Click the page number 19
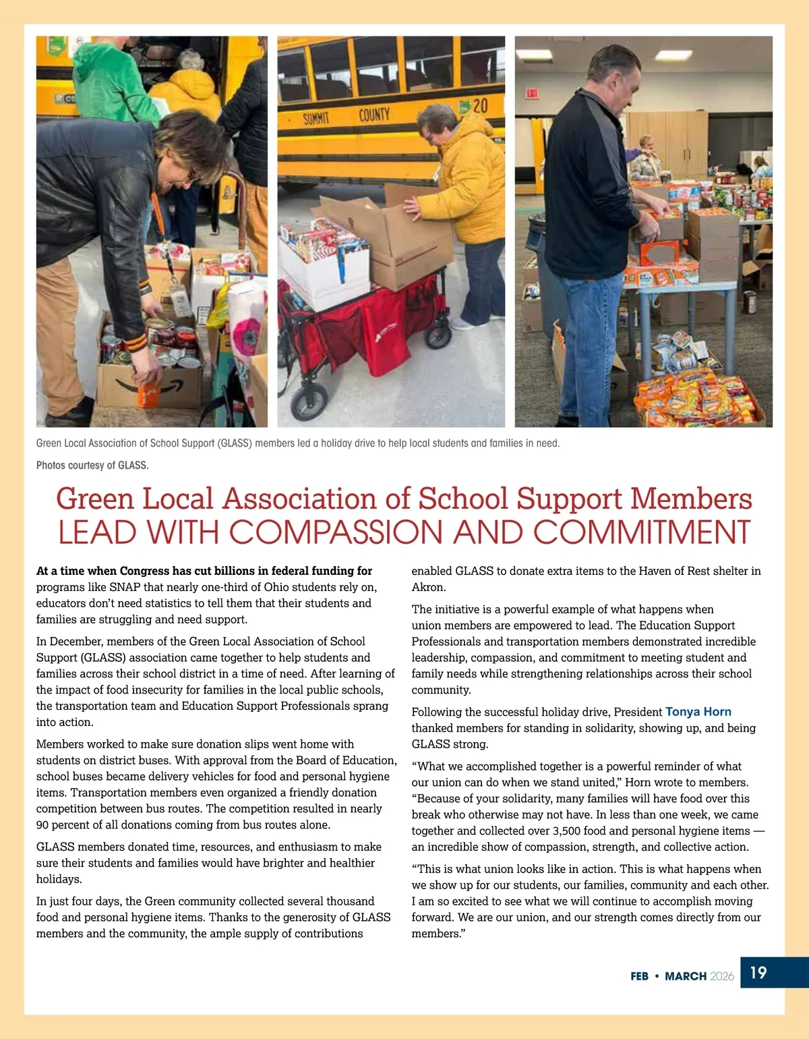[x=758, y=972]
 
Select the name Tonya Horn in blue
[x=698, y=712]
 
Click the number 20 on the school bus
[x=479, y=106]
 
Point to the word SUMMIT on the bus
[x=316, y=119]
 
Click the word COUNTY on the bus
[x=373, y=115]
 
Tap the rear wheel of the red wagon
[x=309, y=402]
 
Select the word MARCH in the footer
[x=686, y=976]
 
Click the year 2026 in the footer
[x=722, y=976]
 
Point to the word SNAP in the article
[x=125, y=587]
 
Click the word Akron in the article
[x=427, y=587]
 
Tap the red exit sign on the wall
[x=532, y=93]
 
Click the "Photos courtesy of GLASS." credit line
[x=92, y=465]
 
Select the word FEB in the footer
[x=639, y=976]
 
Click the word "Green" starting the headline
[x=95, y=499]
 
